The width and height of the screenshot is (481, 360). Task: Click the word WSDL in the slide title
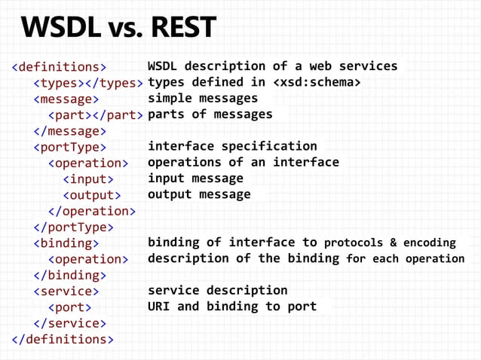[x=60, y=29]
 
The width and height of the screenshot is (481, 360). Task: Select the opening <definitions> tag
[x=59, y=66]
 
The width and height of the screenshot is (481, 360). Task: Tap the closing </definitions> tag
[x=63, y=340]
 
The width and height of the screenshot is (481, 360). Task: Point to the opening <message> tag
[x=66, y=99]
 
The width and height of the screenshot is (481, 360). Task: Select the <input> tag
[x=88, y=179]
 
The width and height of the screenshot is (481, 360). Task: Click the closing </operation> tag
[x=92, y=212]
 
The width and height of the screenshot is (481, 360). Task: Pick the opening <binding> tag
[x=66, y=243]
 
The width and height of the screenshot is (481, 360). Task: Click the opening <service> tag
[x=66, y=291]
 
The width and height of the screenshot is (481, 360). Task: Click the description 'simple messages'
[x=202, y=98]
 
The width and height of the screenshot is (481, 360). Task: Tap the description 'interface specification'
[x=232, y=146]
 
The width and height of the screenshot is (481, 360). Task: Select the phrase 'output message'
[x=199, y=194]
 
